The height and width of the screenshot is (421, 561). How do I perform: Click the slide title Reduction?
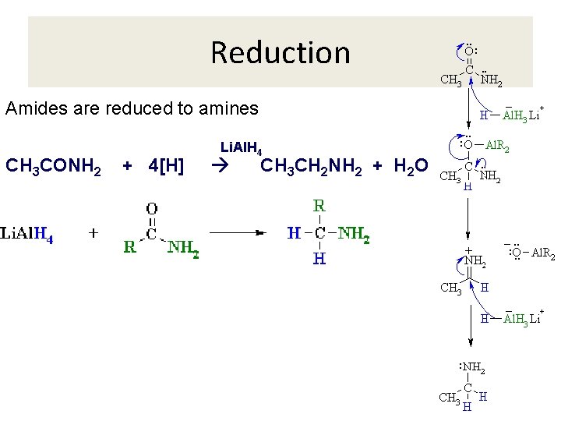coord(280,53)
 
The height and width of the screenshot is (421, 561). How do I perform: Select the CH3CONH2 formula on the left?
coord(53,167)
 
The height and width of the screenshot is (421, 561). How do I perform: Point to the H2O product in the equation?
coord(410,167)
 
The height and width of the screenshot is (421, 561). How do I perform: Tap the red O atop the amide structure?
coord(151,208)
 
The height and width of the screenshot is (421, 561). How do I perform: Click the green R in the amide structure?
coord(131,248)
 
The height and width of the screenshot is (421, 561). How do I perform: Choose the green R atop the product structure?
coord(319,207)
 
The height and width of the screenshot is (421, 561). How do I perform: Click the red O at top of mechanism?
coord(469,51)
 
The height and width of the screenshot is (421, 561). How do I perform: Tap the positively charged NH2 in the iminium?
coord(475,261)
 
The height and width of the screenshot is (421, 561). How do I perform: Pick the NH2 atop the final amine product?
coord(475,368)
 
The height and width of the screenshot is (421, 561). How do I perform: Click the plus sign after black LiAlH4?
coord(93,233)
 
